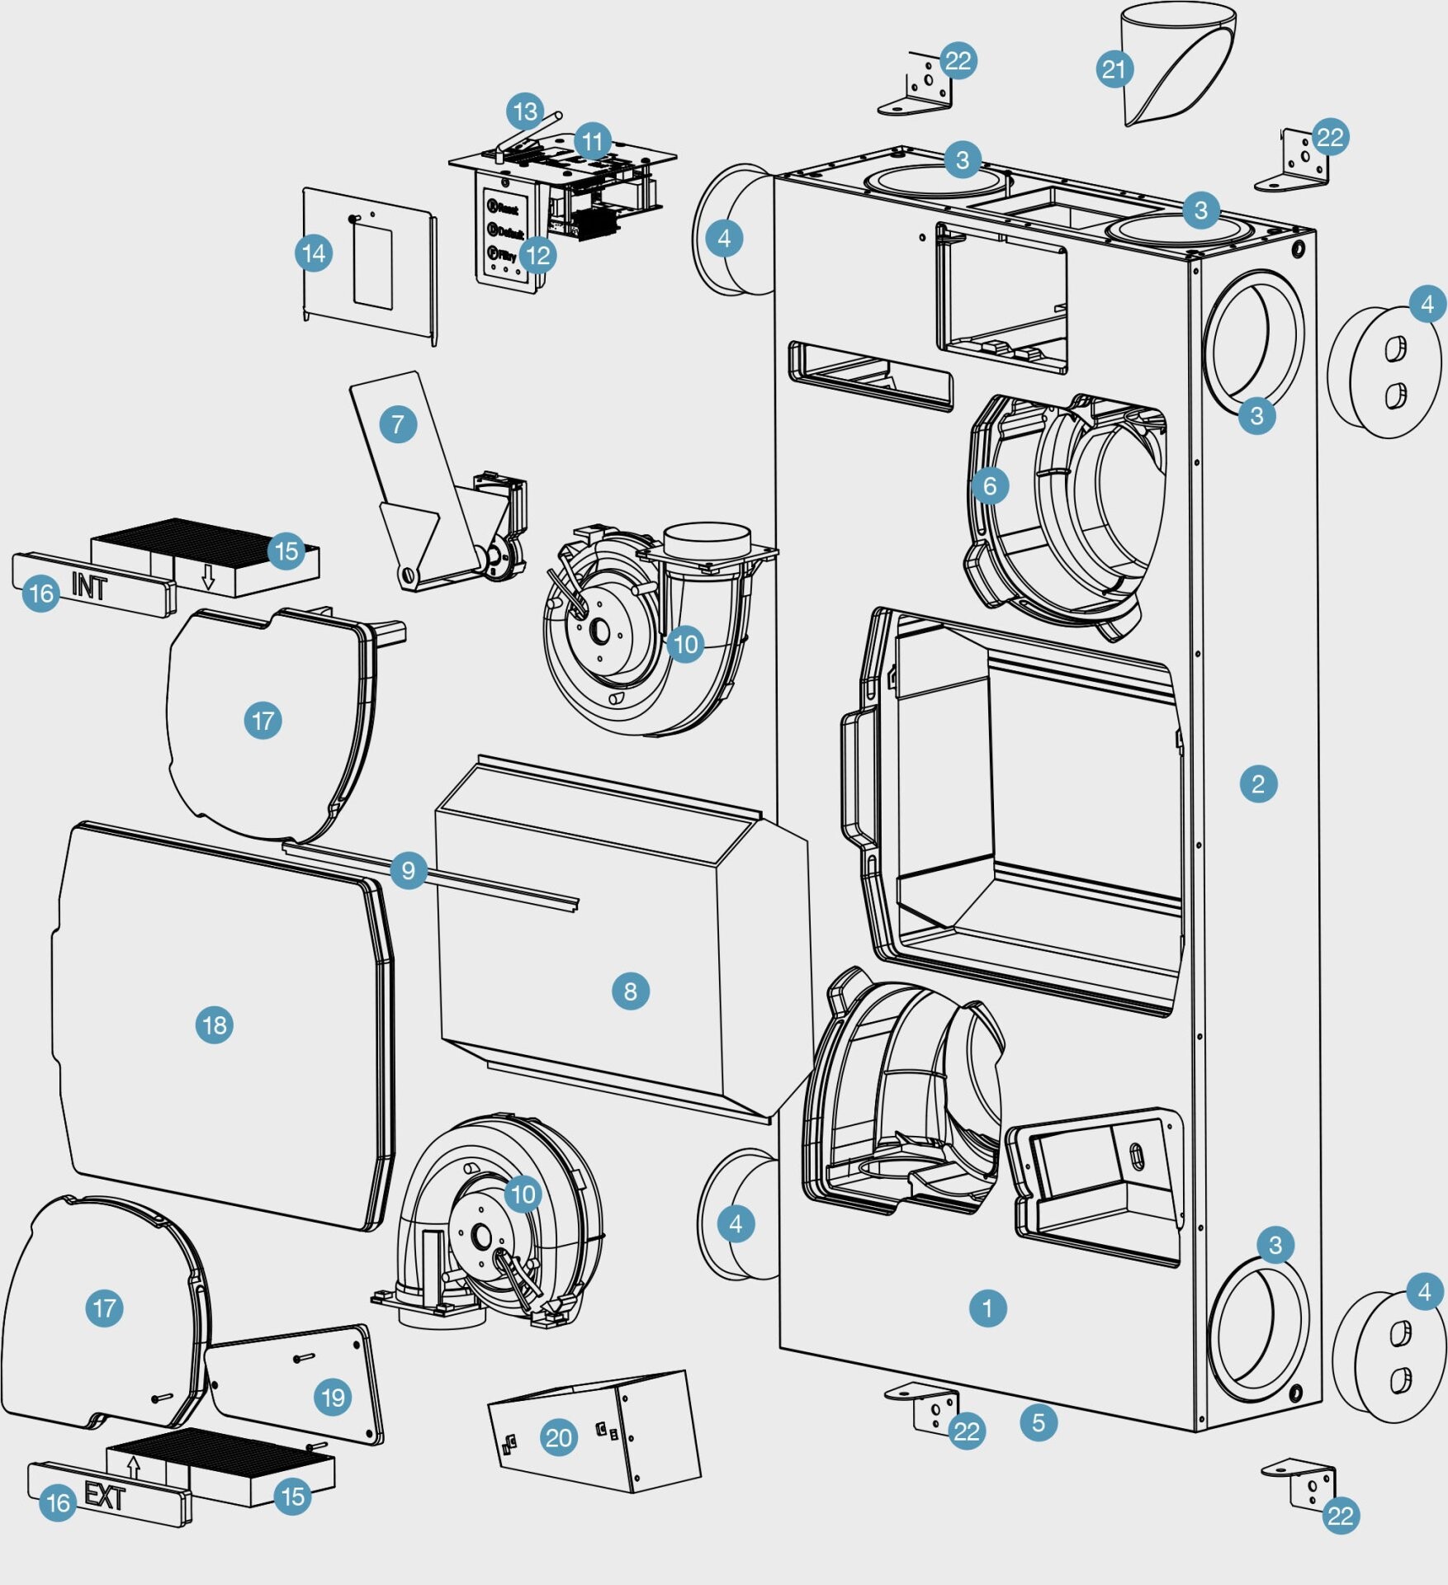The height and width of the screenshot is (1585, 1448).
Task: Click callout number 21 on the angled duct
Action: pyautogui.click(x=1114, y=69)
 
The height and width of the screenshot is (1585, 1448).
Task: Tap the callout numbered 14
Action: pyautogui.click(x=314, y=253)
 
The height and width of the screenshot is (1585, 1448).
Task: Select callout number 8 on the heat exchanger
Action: pyautogui.click(x=630, y=991)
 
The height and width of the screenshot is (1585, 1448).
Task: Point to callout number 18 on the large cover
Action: pyautogui.click(x=214, y=1025)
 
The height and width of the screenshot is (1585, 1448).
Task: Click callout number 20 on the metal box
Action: pyautogui.click(x=558, y=1439)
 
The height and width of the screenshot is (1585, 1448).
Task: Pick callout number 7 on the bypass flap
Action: pyautogui.click(x=398, y=424)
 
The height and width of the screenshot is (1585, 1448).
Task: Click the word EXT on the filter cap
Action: pyautogui.click(x=105, y=1495)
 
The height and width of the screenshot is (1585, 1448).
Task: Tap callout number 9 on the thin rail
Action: pyautogui.click(x=408, y=870)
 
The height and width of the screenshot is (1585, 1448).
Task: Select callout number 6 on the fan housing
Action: pyautogui.click(x=990, y=486)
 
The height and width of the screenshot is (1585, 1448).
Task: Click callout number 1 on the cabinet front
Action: pyautogui.click(x=987, y=1308)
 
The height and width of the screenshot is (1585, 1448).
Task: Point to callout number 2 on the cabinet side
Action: pyautogui.click(x=1257, y=783)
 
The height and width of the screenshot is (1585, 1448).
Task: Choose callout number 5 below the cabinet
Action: pyautogui.click(x=1038, y=1422)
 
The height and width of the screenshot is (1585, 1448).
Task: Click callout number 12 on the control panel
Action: pyautogui.click(x=537, y=255)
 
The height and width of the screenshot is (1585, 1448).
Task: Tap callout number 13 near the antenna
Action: pyautogui.click(x=526, y=111)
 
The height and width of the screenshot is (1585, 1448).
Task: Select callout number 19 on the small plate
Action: pyautogui.click(x=333, y=1397)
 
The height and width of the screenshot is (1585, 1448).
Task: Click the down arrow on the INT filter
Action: pyautogui.click(x=208, y=576)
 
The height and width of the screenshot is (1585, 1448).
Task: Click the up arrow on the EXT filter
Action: pyautogui.click(x=135, y=1467)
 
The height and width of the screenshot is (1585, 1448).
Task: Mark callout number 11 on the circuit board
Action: pyautogui.click(x=592, y=142)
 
